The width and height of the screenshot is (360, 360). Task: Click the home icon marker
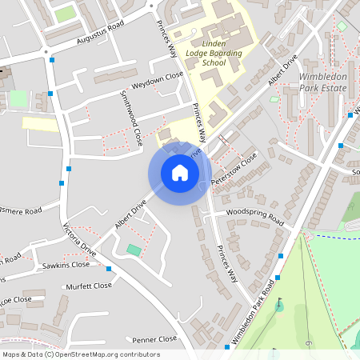coord(180,173)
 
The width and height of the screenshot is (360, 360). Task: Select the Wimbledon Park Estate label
coord(327,82)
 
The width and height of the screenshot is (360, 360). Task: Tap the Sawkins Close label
coord(66,265)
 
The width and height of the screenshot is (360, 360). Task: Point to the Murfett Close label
coord(89,286)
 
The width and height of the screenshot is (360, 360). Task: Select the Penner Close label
coord(154,339)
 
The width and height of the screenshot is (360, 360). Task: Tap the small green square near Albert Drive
coord(133,251)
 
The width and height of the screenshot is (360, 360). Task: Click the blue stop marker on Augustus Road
coord(52,59)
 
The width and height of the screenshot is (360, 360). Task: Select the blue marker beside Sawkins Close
coord(109,270)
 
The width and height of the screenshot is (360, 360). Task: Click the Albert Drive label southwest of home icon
coord(130,215)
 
